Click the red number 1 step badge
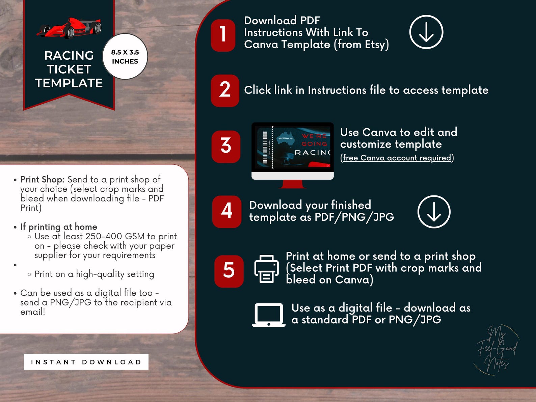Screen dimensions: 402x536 coord(223,35)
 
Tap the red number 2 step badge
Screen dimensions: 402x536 coord(225,90)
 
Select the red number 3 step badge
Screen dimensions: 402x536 coord(226,146)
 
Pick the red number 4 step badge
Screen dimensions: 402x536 coord(227,211)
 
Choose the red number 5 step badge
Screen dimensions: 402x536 coord(229,271)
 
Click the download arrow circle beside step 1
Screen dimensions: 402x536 coord(426,32)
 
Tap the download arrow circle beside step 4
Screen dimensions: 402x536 coord(434,212)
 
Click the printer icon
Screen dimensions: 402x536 coord(266,269)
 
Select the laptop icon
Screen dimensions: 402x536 coord(269,315)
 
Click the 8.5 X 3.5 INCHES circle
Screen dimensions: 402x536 coord(125,57)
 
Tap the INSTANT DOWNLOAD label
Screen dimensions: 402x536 coord(86,362)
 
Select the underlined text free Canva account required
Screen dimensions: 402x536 coord(397,158)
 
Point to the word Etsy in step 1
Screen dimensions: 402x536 coord(375,45)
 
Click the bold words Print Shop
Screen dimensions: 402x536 coord(42,180)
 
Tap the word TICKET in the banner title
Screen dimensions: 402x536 coord(69,69)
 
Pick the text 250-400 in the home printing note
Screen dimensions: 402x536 coord(104,236)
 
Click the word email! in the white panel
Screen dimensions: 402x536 coord(32,312)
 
